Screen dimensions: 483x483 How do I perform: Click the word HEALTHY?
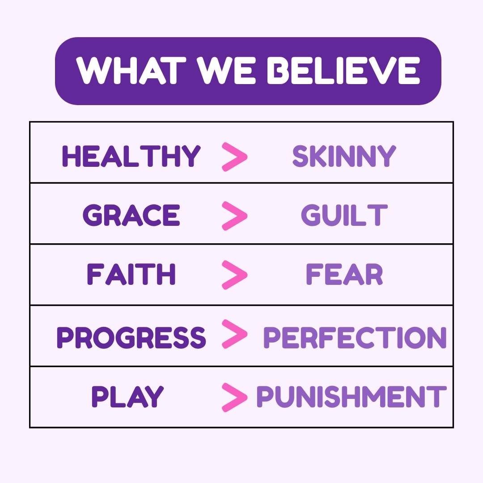tap(131, 156)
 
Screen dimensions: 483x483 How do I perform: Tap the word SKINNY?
tap(344, 156)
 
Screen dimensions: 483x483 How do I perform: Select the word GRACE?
tap(131, 215)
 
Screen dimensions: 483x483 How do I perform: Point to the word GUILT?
tap(344, 215)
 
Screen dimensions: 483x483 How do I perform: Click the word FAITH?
tap(131, 274)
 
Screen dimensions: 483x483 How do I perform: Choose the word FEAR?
tap(344, 274)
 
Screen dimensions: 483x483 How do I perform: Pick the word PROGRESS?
tap(131, 337)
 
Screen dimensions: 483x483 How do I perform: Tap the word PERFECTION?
tap(355, 337)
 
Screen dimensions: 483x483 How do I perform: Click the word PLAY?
tap(127, 396)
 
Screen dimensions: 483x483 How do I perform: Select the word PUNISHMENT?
tap(352, 396)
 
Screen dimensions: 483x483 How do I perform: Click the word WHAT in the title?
tap(131, 70)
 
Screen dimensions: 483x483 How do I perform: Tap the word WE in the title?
tap(227, 70)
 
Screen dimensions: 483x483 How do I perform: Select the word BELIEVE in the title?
tap(344, 70)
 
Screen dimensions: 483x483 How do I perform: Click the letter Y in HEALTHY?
tap(191, 156)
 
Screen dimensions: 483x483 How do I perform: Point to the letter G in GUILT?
tap(311, 215)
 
